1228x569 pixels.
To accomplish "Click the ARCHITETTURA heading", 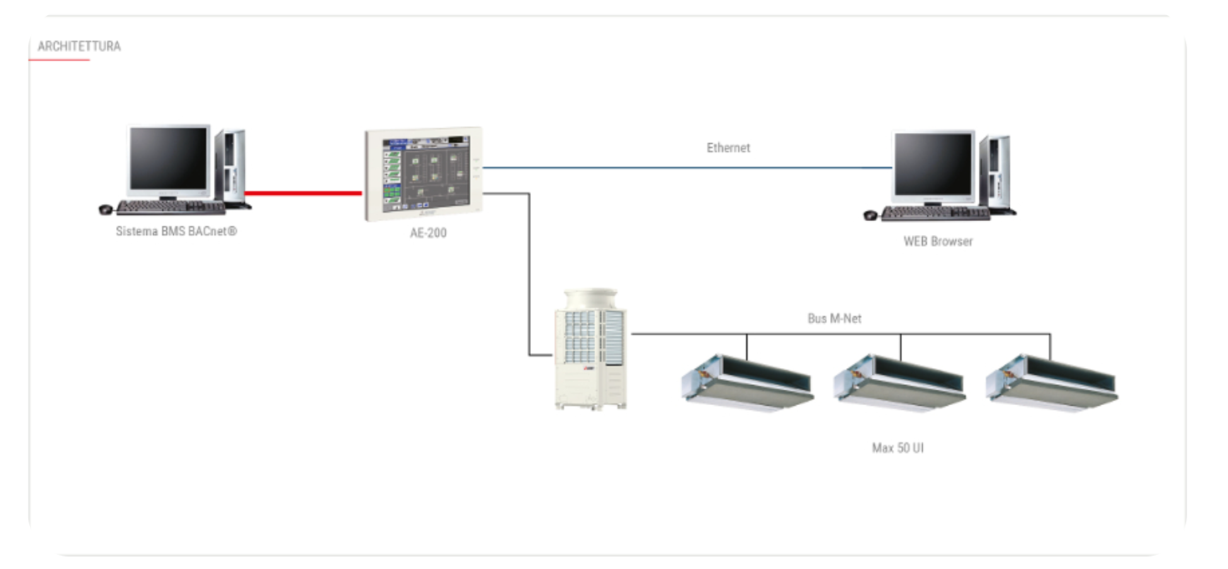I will pos(79,46).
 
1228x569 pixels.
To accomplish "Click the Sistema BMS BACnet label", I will pos(176,231).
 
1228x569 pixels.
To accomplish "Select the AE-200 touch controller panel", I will pos(423,173).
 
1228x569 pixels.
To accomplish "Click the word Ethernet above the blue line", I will pos(728,148).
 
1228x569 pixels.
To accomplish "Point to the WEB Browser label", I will pos(938,241).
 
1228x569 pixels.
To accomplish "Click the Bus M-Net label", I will pos(834,319).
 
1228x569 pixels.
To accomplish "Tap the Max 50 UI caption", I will pos(898,448).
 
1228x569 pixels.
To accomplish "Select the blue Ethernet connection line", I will pos(685,167).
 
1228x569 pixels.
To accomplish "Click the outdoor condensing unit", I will pos(591,349).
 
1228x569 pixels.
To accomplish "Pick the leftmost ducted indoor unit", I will pos(747,382).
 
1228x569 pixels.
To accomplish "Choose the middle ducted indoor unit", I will pos(899,382).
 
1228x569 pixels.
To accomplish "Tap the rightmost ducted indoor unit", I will pos(1052,382).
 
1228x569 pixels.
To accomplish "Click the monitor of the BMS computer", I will pos(168,159).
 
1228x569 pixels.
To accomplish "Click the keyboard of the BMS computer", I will pos(171,207).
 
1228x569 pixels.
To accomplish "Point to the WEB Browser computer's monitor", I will pos(934,165).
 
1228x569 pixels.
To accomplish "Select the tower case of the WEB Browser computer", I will pos(996,172).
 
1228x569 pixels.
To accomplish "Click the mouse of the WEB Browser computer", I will pos(870,215).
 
